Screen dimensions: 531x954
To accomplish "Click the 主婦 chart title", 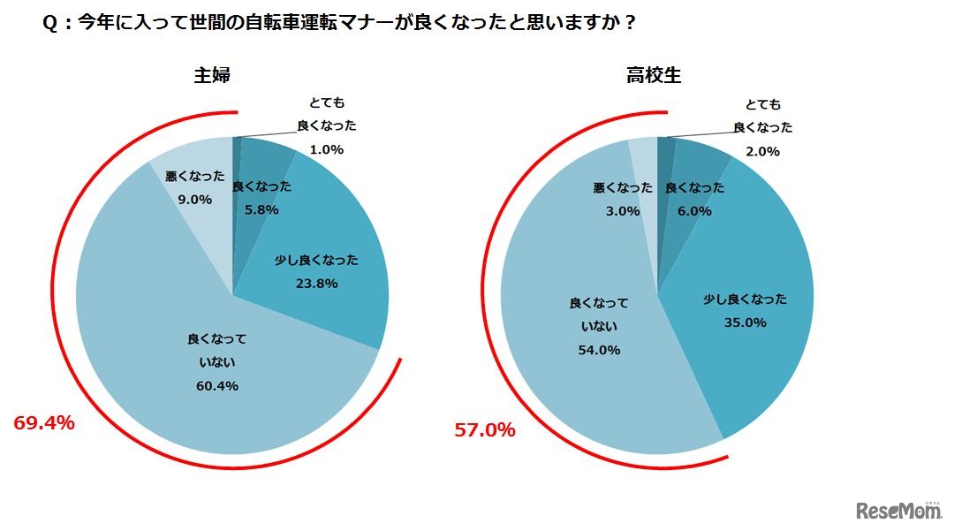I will (212, 76).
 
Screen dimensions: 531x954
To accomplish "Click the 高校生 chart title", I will (654, 76).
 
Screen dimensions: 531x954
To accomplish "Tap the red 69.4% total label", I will (44, 423).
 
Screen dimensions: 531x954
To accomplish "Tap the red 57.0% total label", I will (484, 430).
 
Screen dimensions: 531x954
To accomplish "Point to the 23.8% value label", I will (316, 284).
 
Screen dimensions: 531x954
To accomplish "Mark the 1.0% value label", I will (326, 150).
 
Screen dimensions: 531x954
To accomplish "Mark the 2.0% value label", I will (762, 151).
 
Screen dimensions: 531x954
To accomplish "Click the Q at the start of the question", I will (49, 24).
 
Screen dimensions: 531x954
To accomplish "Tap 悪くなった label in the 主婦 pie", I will (194, 176).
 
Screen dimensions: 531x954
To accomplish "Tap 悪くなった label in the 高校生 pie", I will (623, 187).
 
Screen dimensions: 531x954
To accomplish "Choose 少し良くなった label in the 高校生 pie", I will (745, 299).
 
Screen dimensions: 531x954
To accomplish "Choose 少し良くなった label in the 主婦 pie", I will (317, 260).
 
